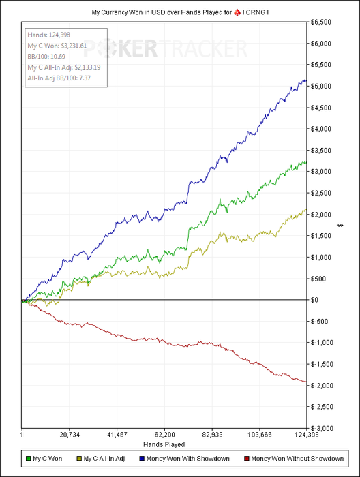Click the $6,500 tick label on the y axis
(x=320, y=22)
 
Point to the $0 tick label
(x=314, y=300)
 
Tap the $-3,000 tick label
(x=322, y=429)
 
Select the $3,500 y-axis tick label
(x=320, y=151)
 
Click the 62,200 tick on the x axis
(x=164, y=435)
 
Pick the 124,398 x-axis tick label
(x=306, y=435)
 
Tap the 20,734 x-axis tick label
(x=70, y=435)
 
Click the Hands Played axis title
(x=164, y=444)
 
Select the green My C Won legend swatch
(x=29, y=459)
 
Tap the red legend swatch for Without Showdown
(x=247, y=459)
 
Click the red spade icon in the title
(x=237, y=12)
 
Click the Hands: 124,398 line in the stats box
(x=48, y=35)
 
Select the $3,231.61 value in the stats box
(x=74, y=46)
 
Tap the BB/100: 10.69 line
(x=46, y=57)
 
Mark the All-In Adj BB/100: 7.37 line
(x=59, y=78)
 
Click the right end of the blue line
(x=306, y=80)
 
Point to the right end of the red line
(x=306, y=382)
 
